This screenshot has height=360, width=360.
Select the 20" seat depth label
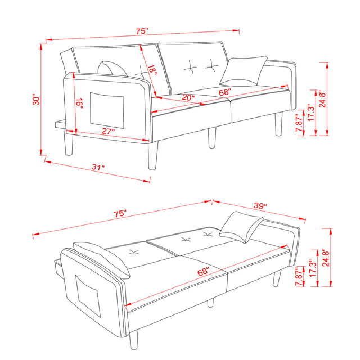click(x=188, y=98)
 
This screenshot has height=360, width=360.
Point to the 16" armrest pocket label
click(x=80, y=103)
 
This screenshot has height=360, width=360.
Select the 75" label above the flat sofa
click(x=120, y=214)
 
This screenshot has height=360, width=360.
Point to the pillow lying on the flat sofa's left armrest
click(x=102, y=258)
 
